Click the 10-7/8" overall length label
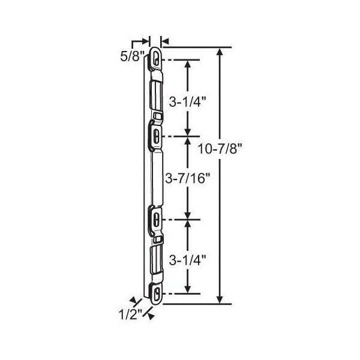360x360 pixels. pyautogui.click(x=220, y=149)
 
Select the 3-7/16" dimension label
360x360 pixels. pyautogui.click(x=188, y=178)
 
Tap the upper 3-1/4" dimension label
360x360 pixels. pyautogui.click(x=187, y=102)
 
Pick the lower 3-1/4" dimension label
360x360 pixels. pyautogui.click(x=187, y=260)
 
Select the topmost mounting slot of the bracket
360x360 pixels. pyautogui.click(x=157, y=57)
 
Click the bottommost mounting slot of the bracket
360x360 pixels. pyautogui.click(x=157, y=294)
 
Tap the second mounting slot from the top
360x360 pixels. pyautogui.click(x=157, y=136)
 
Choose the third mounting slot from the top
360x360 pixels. pyautogui.click(x=157, y=219)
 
